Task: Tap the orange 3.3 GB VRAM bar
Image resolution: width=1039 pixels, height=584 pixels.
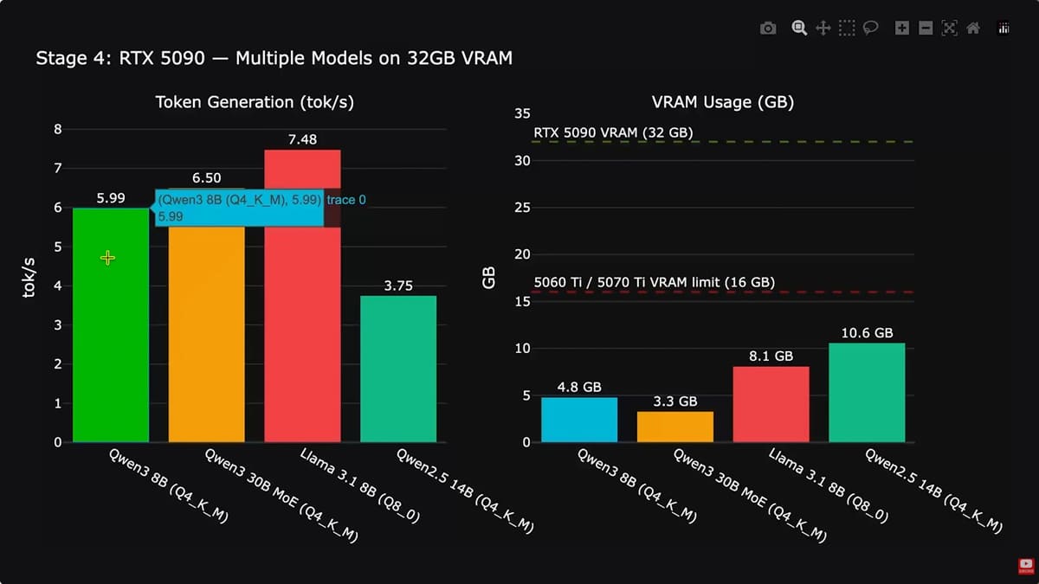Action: pos(675,427)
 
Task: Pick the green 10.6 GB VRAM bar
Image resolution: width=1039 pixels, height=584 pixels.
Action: pos(867,393)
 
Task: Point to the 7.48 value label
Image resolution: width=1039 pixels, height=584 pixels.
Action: pos(302,138)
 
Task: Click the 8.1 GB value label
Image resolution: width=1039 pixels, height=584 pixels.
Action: pos(771,356)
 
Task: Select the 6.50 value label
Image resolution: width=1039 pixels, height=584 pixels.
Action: pos(206,177)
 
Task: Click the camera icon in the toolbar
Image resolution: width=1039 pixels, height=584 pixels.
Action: pos(768,29)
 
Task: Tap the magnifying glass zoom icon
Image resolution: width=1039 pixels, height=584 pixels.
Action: pos(799,29)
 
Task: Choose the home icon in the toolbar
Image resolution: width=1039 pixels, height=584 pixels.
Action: pos(973,29)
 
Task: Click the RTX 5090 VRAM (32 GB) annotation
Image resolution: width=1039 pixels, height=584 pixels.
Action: pos(613,132)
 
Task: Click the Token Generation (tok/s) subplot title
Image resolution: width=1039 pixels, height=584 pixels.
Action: pos(255,102)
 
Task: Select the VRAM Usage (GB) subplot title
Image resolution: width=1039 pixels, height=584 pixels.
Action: pos(722,102)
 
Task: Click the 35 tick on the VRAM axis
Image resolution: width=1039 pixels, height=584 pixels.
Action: pos(522,113)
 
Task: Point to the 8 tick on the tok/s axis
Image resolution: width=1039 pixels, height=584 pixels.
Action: pos(58,130)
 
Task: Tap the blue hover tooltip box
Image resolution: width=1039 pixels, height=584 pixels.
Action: pos(240,208)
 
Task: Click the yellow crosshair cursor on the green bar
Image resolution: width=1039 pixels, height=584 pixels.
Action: pos(107,258)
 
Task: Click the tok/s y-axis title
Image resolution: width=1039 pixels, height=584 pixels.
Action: pos(29,276)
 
